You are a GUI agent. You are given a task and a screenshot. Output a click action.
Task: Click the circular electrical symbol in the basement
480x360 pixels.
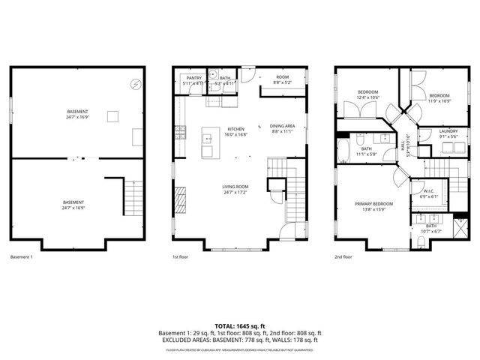coord(135,84)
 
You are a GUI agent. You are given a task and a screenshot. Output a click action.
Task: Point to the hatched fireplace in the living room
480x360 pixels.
coord(180,201)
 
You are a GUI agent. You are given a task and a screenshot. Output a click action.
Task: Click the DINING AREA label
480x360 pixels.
coord(282,127)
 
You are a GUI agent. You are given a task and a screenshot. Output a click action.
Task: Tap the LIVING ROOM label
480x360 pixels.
coord(235,189)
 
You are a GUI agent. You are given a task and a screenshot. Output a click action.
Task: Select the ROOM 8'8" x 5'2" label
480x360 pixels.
coord(282,80)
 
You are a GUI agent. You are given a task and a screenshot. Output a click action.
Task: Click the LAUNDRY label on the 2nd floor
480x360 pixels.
coord(448,133)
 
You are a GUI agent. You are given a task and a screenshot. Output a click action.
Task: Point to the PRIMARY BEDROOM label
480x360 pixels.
coord(373,205)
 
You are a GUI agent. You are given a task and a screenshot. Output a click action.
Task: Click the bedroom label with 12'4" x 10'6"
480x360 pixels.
coord(367,94)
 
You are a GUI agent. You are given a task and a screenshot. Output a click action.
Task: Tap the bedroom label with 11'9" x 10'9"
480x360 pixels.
coord(439,98)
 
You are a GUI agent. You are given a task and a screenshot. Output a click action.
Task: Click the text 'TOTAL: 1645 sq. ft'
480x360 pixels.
coord(239,326)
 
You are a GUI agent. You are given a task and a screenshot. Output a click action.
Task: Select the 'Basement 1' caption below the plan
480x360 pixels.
coord(22,257)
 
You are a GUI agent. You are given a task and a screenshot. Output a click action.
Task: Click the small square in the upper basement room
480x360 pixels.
coord(112,115)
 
